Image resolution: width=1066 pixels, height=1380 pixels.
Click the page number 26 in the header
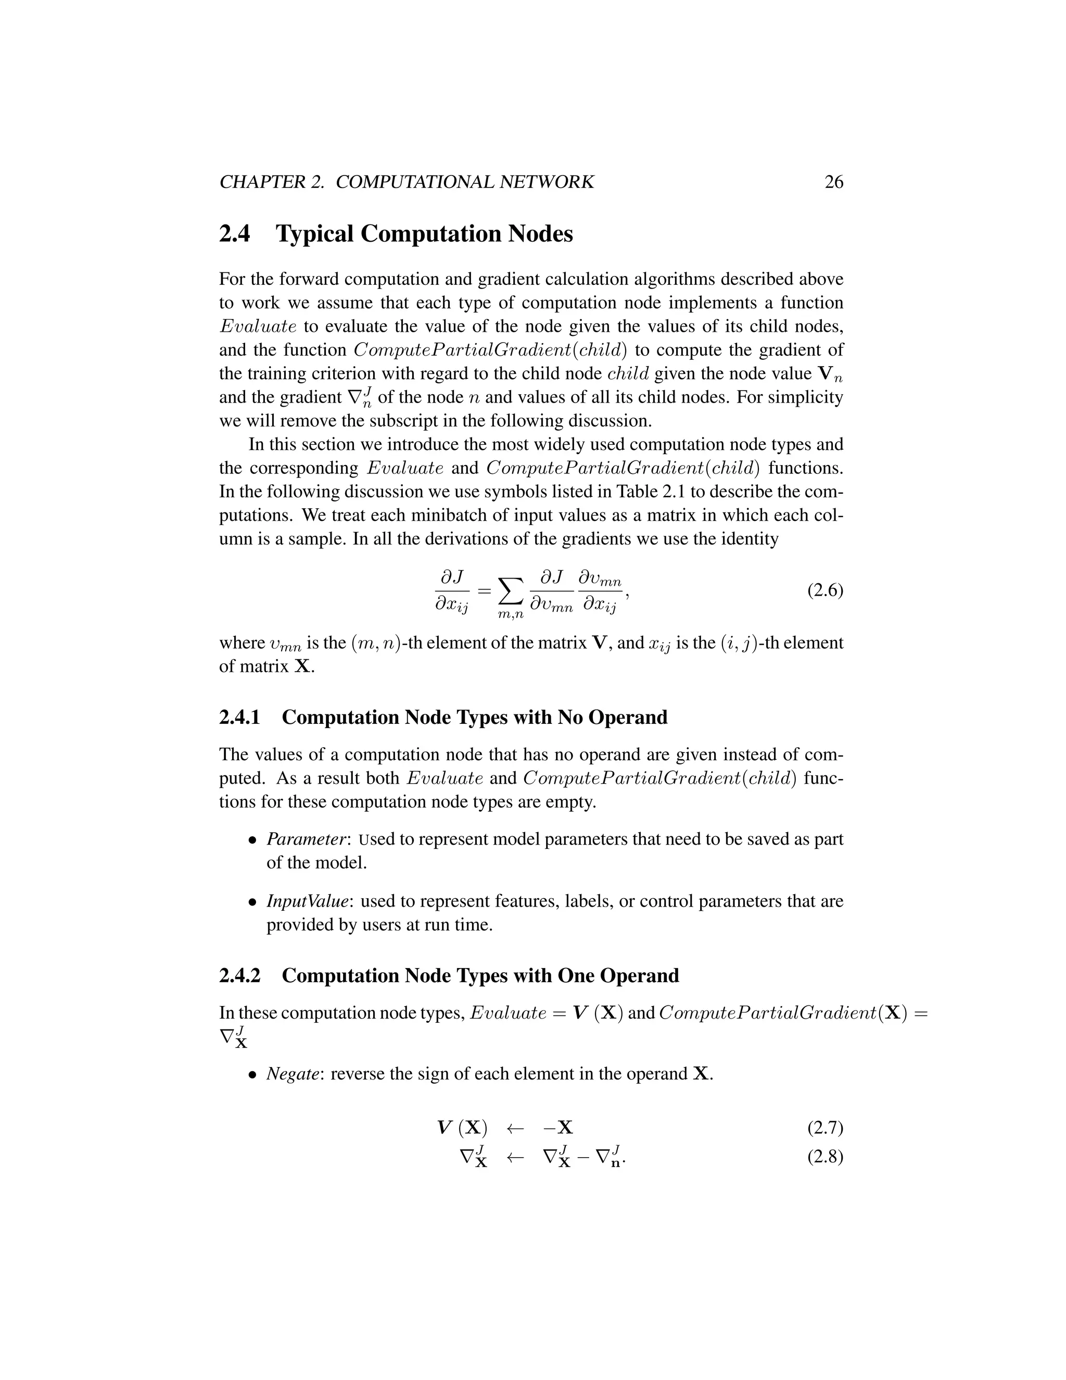click(834, 182)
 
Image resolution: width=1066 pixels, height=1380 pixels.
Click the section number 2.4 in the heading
click(234, 234)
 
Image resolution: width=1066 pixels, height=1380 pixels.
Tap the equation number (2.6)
click(825, 591)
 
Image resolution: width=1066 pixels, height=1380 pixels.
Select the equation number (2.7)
click(825, 1127)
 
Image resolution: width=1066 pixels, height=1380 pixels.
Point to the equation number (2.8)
click(825, 1157)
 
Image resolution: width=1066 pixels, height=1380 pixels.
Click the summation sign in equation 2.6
click(511, 592)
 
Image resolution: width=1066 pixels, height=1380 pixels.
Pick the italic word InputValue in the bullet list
click(308, 901)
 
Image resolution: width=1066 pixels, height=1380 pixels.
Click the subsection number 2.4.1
click(239, 717)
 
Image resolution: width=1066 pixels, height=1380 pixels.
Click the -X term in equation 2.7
click(559, 1128)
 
